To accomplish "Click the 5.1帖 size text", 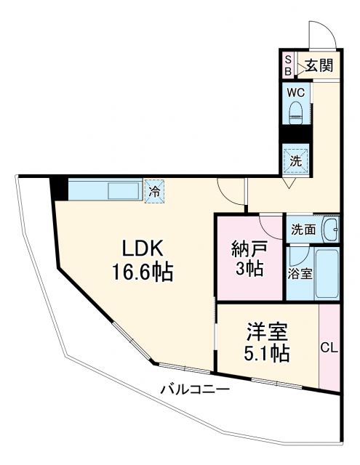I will pyautogui.click(x=266, y=354).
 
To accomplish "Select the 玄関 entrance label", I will pyautogui.click(x=319, y=66).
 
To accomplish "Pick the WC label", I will pyautogui.click(x=295, y=92).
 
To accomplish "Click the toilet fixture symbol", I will pyautogui.click(x=296, y=110).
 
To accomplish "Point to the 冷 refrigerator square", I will pyautogui.click(x=154, y=193).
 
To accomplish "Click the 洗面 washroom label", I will pyautogui.click(x=303, y=230).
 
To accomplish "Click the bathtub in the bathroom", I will pyautogui.click(x=327, y=274).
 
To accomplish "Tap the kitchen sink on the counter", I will pyautogui.click(x=124, y=192).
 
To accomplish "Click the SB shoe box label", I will pyautogui.click(x=287, y=65).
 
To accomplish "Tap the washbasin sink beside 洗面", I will pyautogui.click(x=330, y=230).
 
